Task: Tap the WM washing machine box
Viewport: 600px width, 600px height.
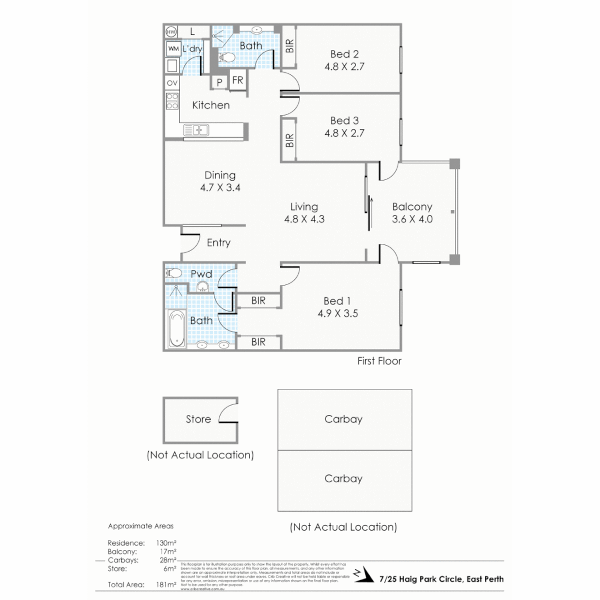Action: pyautogui.click(x=173, y=49)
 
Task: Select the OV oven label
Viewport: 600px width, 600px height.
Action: pyautogui.click(x=172, y=83)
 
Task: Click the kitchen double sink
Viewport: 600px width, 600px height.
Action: pyautogui.click(x=196, y=130)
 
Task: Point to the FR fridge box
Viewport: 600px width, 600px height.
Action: pyautogui.click(x=238, y=81)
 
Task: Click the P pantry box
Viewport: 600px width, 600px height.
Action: pyautogui.click(x=219, y=82)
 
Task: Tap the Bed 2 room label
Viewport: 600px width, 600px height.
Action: pyautogui.click(x=344, y=54)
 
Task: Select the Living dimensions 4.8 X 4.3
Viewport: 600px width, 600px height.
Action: pyautogui.click(x=304, y=219)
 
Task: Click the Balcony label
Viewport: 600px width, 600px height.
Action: pyautogui.click(x=412, y=206)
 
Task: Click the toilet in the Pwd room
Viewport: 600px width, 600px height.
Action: pyautogui.click(x=174, y=273)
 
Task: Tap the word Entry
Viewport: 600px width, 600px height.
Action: pyautogui.click(x=218, y=243)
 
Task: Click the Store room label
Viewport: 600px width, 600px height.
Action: pyautogui.click(x=198, y=419)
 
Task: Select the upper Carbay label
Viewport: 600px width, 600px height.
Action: pyautogui.click(x=343, y=419)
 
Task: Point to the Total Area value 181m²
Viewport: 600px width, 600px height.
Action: pyautogui.click(x=167, y=584)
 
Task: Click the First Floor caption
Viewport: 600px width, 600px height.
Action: pyautogui.click(x=379, y=361)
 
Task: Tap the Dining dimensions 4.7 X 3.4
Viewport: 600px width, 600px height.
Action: pyautogui.click(x=220, y=188)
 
